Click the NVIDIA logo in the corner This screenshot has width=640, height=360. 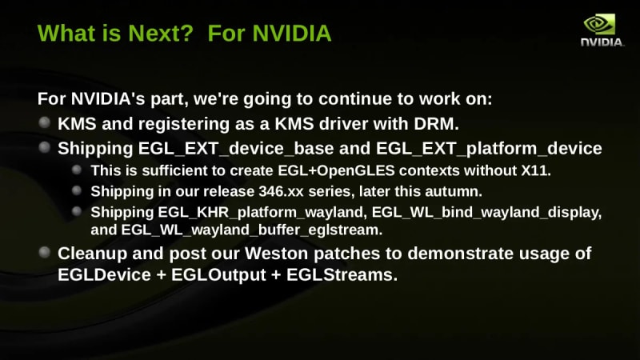tap(602, 30)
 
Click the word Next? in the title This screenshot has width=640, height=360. tap(161, 33)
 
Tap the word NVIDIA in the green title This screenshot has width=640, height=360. tap(292, 33)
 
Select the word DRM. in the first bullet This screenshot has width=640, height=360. tap(436, 124)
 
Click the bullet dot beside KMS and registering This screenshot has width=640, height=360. tap(45, 122)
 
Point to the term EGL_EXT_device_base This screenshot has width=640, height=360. tap(236, 149)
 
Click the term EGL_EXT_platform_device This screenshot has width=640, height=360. tap(489, 149)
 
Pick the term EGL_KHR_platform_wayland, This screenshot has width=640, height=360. tap(262, 213)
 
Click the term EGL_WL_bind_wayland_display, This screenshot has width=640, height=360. tap(486, 213)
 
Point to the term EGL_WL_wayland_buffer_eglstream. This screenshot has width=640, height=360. tap(252, 230)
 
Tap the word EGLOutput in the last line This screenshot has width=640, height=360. tap(218, 275)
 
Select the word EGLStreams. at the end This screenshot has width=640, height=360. tap(342, 275)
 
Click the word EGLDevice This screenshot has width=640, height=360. tap(104, 275)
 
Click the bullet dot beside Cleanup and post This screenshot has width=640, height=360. tap(45, 252)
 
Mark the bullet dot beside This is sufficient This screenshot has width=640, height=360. tap(77, 170)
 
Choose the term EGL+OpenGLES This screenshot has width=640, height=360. tap(336, 170)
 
